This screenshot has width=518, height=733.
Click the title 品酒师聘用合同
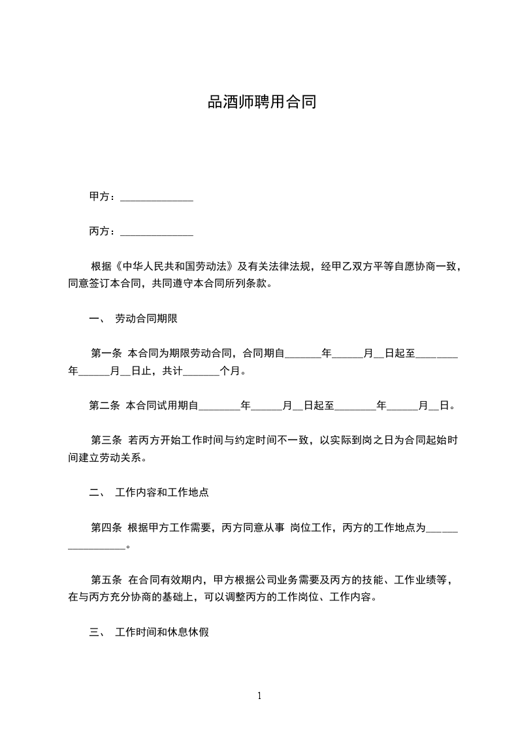point(262,103)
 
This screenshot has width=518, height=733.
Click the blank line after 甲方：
point(157,197)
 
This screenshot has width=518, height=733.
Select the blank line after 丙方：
point(157,232)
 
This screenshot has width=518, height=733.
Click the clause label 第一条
point(106,353)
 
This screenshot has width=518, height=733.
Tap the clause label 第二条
point(105,406)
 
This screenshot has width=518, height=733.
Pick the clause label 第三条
point(106,440)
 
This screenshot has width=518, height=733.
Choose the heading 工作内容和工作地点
point(161,493)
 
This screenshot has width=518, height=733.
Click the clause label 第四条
point(106,527)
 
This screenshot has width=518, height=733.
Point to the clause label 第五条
point(106,579)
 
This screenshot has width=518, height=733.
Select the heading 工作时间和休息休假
point(161,632)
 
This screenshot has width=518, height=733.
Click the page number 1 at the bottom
point(259,696)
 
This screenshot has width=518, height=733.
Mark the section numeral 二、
point(97,493)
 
